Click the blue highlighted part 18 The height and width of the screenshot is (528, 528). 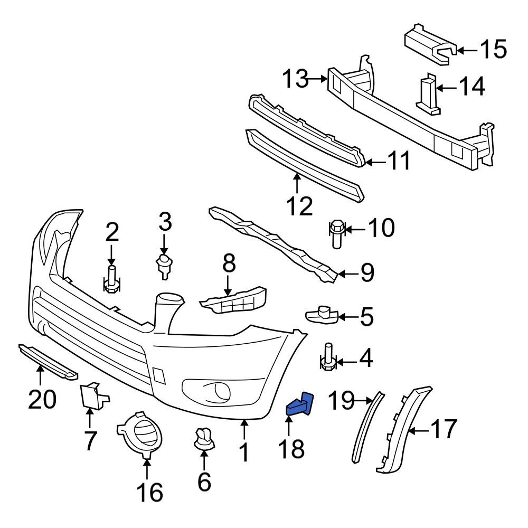[x=300, y=404]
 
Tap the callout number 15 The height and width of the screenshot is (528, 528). [x=493, y=50]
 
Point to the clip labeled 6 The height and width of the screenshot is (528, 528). [x=203, y=440]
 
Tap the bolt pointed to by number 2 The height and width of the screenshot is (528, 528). [x=111, y=279]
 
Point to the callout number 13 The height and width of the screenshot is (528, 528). [x=294, y=80]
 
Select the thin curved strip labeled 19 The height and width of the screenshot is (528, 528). [x=367, y=428]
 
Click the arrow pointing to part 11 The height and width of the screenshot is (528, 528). [x=376, y=163]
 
